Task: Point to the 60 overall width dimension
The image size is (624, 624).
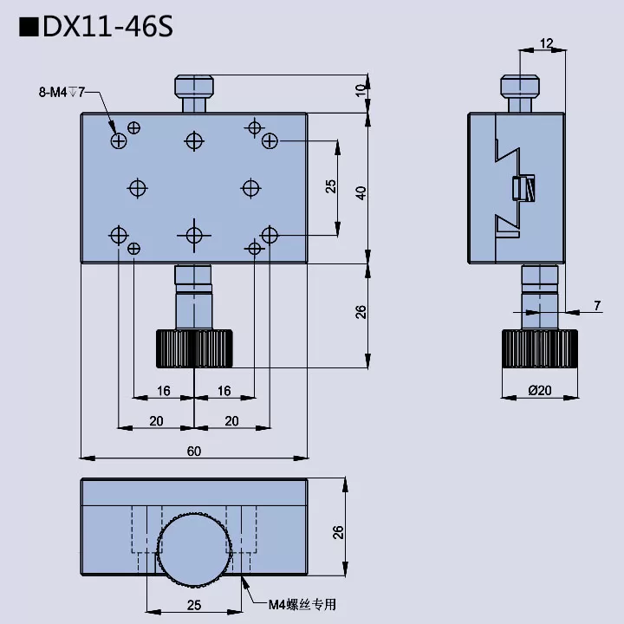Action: coord(193,451)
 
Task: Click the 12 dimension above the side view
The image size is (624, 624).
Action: coord(546,43)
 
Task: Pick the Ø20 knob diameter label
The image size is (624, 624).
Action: coord(539,390)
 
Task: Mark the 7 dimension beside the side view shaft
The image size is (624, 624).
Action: coord(597,305)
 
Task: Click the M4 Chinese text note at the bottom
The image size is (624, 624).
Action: coord(301,605)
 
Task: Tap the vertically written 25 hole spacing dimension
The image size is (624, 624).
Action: coord(330,186)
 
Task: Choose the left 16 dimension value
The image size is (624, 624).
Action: coord(164,391)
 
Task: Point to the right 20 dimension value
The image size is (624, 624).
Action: coord(231,420)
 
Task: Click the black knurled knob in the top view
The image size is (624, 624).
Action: coord(194,348)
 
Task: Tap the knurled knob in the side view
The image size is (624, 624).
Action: coord(539,348)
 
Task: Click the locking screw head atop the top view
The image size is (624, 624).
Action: coord(194,86)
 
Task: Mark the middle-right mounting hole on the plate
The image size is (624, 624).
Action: coord(250,187)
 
